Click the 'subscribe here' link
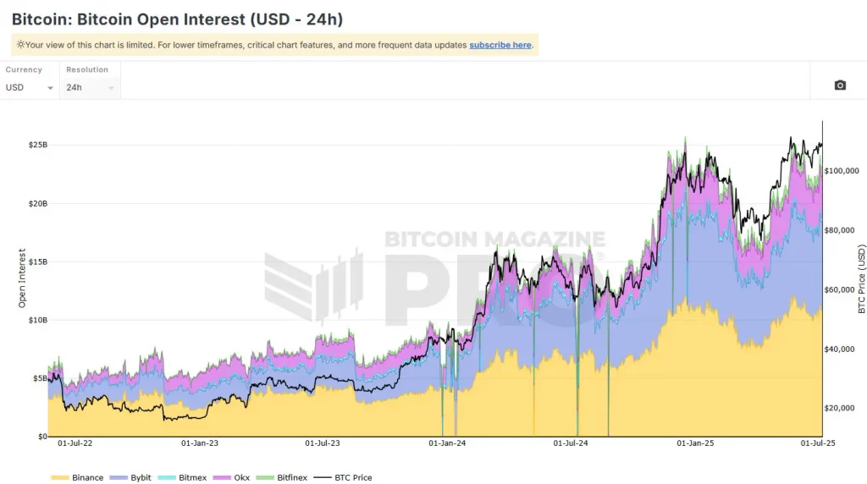point(500,45)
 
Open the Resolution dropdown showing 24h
point(90,87)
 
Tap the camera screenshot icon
point(840,85)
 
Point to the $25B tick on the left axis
point(38,146)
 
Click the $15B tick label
point(38,262)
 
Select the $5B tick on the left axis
point(40,379)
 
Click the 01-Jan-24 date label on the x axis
point(449,443)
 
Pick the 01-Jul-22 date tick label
point(75,443)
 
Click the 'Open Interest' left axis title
point(23,278)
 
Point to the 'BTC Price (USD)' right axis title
point(862,279)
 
